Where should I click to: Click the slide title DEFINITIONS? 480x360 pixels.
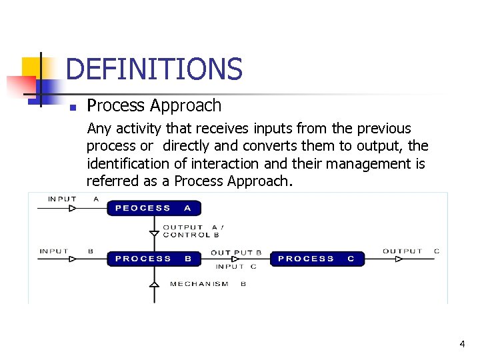[x=154, y=69]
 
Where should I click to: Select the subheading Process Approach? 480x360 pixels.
[x=154, y=105]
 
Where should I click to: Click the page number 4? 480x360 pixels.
[x=462, y=344]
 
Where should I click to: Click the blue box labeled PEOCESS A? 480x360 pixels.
[x=153, y=208]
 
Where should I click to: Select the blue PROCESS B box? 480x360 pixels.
[x=153, y=259]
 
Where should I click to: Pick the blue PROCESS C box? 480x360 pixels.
[x=317, y=259]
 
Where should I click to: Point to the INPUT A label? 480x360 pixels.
[x=73, y=199]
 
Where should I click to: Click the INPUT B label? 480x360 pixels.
[x=66, y=251]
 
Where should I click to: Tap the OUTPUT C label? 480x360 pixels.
[x=411, y=251]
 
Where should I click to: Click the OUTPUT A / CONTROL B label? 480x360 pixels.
[x=193, y=231]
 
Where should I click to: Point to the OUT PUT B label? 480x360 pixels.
[x=236, y=253]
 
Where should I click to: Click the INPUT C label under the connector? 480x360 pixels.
[x=236, y=267]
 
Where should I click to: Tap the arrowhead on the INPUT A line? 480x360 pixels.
[x=73, y=208]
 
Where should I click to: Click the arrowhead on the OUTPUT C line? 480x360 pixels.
[x=399, y=259]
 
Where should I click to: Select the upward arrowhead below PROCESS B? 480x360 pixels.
[x=154, y=284]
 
